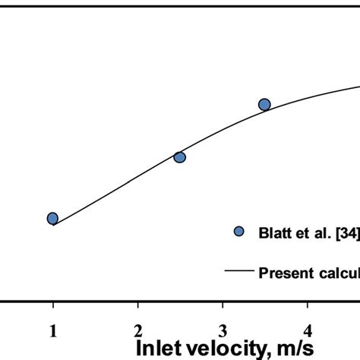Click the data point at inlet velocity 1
coord(52,219)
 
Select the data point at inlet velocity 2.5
coord(180,157)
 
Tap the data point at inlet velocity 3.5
coord(264,105)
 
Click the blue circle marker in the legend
coord(238,231)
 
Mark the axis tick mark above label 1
coord(53,308)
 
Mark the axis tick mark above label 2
coord(137,308)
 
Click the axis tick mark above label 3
coord(223,308)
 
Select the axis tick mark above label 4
coord(307,308)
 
